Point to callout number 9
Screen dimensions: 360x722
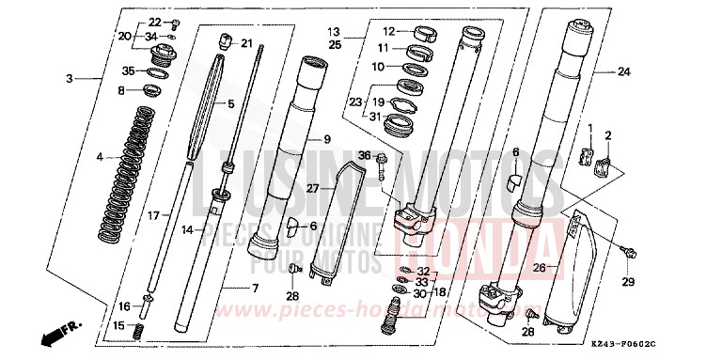point(328,140)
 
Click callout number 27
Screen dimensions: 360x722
point(314,188)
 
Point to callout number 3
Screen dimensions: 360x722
point(70,78)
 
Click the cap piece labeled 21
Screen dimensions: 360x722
point(225,40)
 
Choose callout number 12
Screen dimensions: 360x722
point(386,31)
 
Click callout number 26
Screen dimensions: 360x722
point(538,266)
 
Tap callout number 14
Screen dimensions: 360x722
point(188,228)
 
